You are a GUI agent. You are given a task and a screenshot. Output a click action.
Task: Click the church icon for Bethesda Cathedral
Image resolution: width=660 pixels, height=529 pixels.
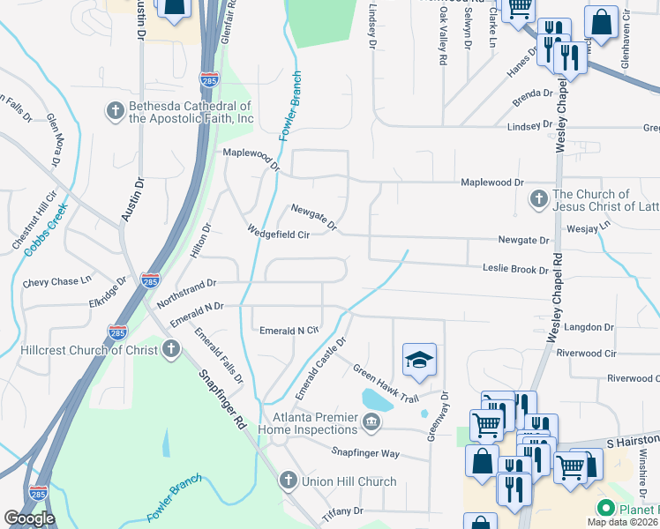115,111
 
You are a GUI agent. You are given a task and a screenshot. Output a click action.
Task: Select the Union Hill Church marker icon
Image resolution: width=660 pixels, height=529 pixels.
286,481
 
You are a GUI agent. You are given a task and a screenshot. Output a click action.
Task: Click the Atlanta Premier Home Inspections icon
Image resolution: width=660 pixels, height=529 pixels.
371,423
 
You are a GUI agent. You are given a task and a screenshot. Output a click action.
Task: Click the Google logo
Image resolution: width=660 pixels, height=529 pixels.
29,518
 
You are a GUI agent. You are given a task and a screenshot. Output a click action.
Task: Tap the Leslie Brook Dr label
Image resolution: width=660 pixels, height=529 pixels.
515,268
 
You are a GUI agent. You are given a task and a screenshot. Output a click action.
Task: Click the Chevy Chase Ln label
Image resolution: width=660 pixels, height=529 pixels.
57,281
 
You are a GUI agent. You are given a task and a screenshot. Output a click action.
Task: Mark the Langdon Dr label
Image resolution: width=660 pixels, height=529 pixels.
589,326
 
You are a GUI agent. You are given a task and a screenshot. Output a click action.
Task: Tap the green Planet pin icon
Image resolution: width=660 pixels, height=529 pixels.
606,509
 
